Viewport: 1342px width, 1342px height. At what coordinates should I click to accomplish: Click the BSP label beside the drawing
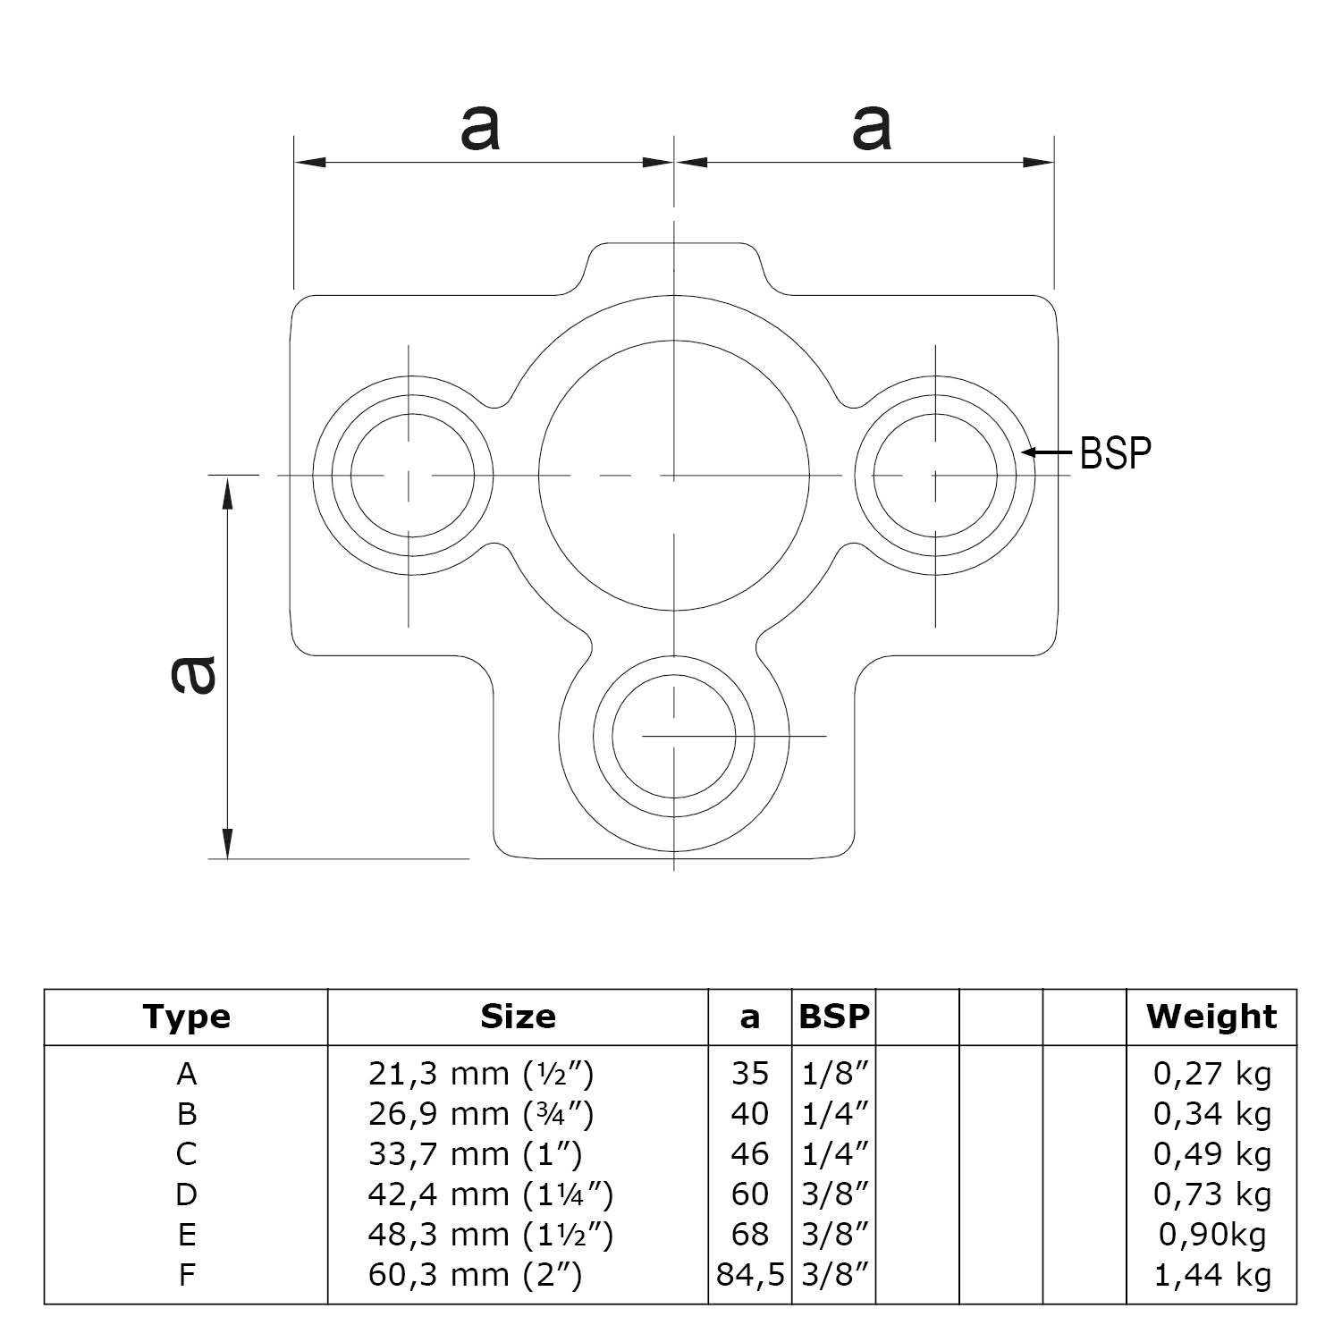tap(1115, 453)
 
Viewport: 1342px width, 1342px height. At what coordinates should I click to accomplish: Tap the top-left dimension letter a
tap(480, 128)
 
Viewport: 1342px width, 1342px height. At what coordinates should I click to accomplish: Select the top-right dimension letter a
tap(872, 128)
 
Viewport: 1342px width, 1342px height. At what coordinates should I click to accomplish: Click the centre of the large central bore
tap(674, 476)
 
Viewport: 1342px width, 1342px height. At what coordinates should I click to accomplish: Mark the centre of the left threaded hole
tap(411, 476)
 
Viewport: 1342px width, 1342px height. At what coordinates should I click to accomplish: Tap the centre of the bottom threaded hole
tap(674, 737)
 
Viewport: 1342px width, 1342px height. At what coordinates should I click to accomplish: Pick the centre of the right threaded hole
tap(935, 476)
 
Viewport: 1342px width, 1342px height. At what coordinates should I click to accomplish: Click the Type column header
tap(186, 1017)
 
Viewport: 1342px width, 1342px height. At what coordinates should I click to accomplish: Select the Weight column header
tap(1211, 1017)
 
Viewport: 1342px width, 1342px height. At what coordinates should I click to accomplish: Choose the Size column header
tap(518, 1017)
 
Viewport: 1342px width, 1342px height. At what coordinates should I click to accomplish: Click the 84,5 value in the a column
tap(749, 1275)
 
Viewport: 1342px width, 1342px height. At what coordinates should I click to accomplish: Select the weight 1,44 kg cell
tap(1211, 1275)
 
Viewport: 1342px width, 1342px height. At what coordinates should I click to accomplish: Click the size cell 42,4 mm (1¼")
tap(491, 1194)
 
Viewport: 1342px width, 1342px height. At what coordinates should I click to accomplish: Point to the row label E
tap(186, 1235)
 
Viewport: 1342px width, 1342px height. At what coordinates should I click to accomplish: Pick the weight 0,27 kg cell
tap(1211, 1073)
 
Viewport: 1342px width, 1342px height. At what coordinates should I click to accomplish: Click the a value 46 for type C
tap(749, 1154)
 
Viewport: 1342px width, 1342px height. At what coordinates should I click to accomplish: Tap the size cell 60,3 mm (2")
tap(475, 1275)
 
